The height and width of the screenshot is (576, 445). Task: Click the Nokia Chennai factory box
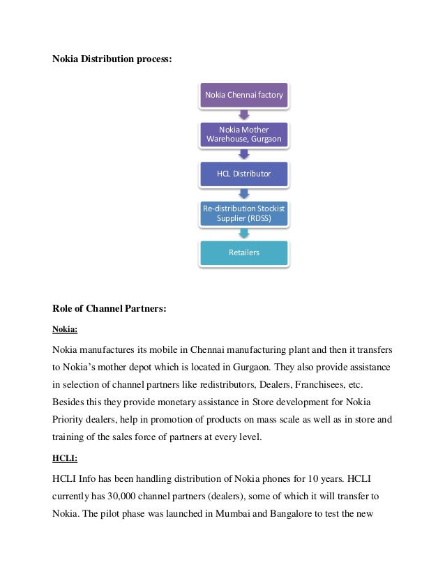coord(244,95)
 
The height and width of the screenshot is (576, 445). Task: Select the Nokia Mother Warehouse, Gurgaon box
coord(244,134)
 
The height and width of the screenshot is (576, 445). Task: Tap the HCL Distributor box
coord(244,174)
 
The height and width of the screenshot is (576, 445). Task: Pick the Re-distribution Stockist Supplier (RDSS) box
coord(244,213)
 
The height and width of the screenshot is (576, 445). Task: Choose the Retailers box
coord(244,252)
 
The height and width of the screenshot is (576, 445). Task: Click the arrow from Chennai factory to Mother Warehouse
coord(244,114)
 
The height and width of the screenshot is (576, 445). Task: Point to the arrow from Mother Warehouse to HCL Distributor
coord(244,154)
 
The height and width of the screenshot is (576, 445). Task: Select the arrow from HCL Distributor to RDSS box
coord(244,194)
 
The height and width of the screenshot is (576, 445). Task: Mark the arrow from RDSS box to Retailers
coord(244,233)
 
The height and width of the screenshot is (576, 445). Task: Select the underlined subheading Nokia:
coord(66,330)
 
